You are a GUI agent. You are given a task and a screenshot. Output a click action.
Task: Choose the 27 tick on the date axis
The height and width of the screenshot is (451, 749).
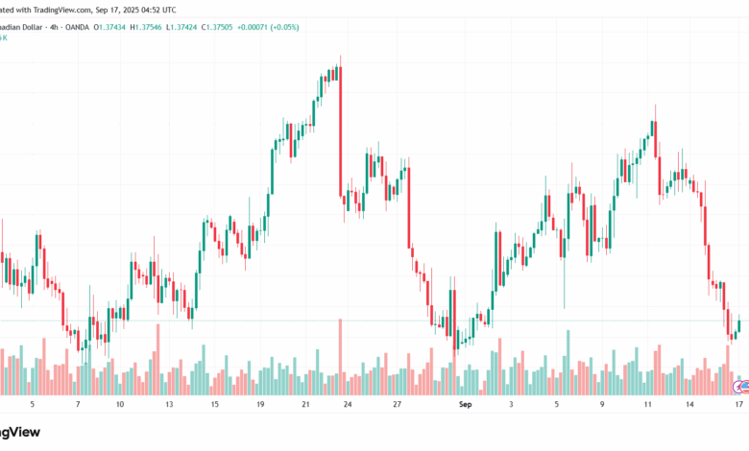point(396,405)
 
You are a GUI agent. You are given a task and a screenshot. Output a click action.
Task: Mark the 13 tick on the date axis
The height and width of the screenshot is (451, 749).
point(169,405)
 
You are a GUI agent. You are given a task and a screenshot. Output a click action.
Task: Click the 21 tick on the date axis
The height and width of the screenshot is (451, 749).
point(305,405)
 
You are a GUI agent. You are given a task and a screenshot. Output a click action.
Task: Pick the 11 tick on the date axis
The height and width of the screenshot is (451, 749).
point(648,405)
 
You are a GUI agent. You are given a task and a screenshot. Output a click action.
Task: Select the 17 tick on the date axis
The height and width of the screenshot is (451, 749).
point(737,405)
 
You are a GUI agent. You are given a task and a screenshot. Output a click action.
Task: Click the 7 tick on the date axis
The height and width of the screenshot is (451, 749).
point(78,405)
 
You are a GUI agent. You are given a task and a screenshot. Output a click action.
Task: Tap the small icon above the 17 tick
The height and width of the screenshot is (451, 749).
point(741,387)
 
